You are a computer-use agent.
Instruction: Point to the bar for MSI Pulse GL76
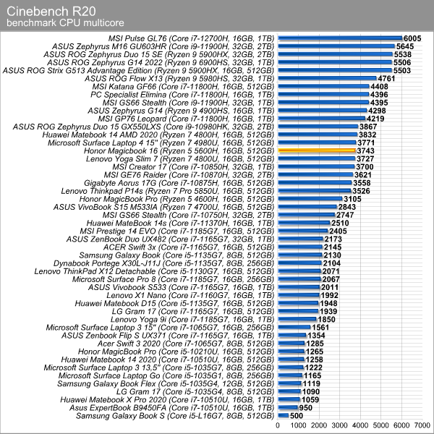click(340, 38)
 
